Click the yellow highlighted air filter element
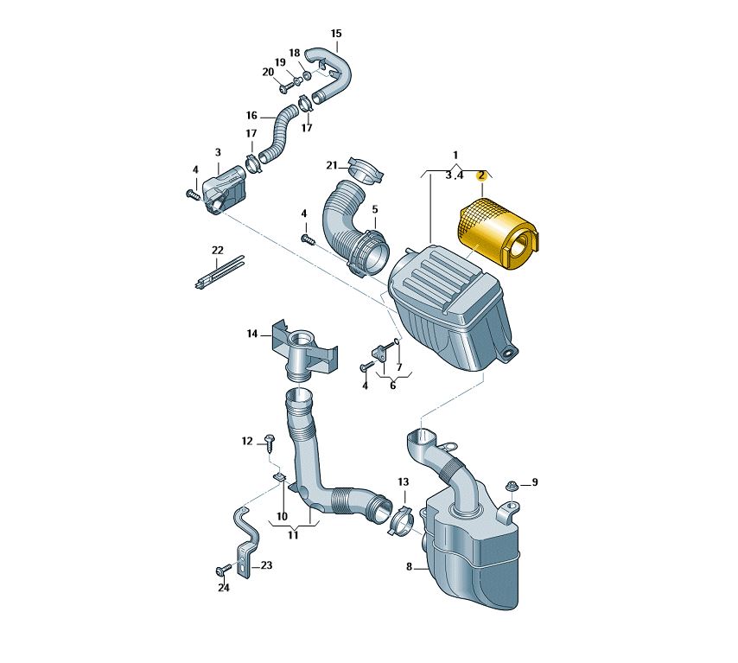point(499,234)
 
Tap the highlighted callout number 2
point(480,176)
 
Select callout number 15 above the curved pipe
point(336,34)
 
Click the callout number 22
point(217,250)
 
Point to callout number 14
point(252,334)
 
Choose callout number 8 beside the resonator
point(409,567)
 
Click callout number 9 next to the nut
point(534,482)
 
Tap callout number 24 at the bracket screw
point(224,588)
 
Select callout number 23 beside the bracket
point(266,565)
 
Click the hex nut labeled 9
point(511,487)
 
